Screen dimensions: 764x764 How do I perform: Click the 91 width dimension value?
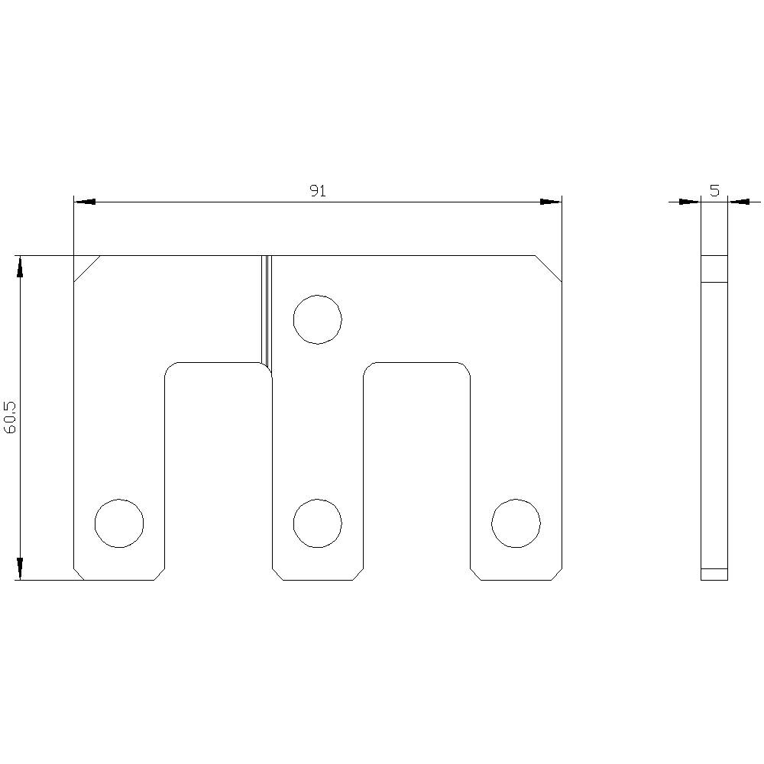click(x=318, y=191)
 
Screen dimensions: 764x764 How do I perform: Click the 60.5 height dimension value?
click(x=10, y=418)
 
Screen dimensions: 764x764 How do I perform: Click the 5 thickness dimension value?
click(x=714, y=190)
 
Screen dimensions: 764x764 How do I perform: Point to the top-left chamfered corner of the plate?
click(x=87, y=268)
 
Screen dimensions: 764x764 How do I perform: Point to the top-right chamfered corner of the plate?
click(x=549, y=268)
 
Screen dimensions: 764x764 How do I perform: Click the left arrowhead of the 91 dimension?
click(x=84, y=202)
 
